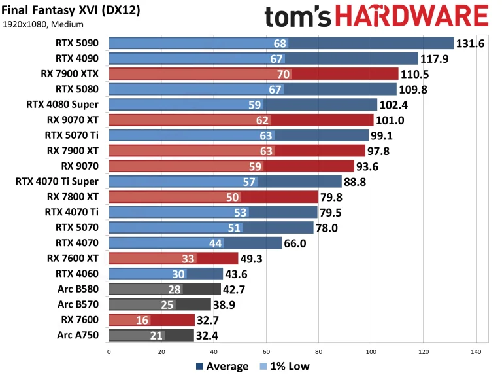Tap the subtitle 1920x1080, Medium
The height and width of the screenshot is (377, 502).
click(x=43, y=25)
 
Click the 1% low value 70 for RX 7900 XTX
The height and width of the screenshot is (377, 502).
click(x=283, y=73)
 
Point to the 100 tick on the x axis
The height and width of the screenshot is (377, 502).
click(x=371, y=351)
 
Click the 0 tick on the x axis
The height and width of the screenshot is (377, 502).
click(x=109, y=351)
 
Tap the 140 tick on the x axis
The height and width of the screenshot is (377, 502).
click(x=475, y=351)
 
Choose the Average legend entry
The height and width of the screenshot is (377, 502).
click(x=222, y=367)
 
